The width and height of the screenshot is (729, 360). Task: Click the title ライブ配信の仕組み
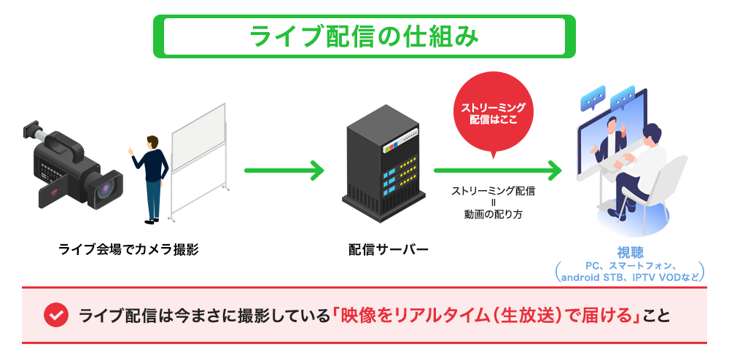[x=364, y=36]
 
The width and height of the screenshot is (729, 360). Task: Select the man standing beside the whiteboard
[x=151, y=176]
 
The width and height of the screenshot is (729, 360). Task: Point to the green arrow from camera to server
[x=284, y=172]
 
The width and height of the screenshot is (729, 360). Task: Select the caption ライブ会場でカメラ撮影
[x=128, y=250]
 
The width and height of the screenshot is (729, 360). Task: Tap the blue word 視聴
[x=628, y=253]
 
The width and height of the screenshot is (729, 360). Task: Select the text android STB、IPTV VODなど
[x=628, y=277]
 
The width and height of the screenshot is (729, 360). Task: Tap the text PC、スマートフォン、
[x=628, y=265]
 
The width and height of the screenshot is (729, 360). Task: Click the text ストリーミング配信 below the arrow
[x=493, y=192]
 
